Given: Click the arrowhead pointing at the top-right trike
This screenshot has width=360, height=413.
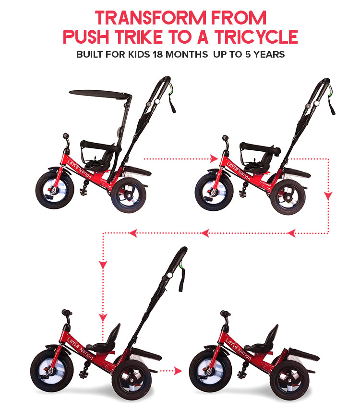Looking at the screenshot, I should (214, 158).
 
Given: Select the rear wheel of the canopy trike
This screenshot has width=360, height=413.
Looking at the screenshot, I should (129, 194).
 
